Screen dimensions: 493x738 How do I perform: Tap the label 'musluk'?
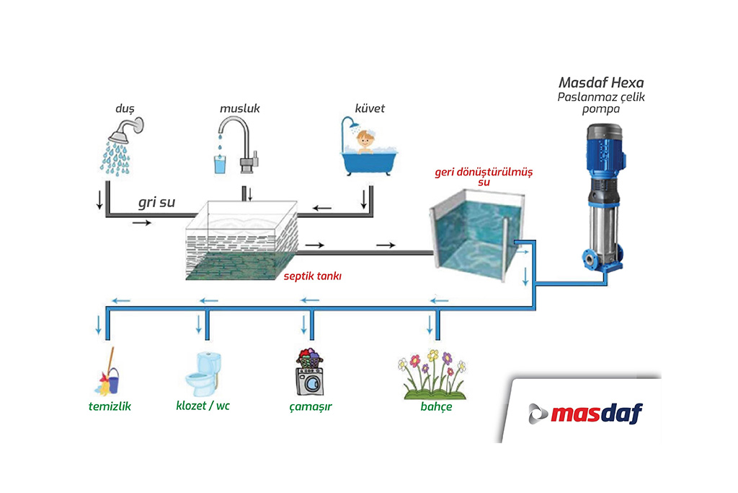click(239, 109)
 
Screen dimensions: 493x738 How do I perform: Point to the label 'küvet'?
click(370, 108)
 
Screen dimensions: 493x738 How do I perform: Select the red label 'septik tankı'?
click(312, 275)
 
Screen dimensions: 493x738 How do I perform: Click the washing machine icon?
click(309, 374)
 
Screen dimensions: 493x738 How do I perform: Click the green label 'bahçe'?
click(436, 407)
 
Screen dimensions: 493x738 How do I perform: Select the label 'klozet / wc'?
click(203, 406)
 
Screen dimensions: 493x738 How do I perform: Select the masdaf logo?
click(585, 414)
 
